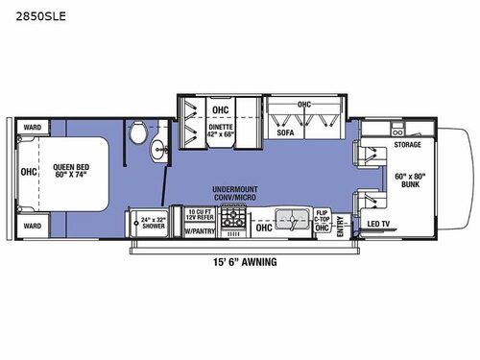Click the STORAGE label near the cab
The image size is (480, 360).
(x=406, y=146)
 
